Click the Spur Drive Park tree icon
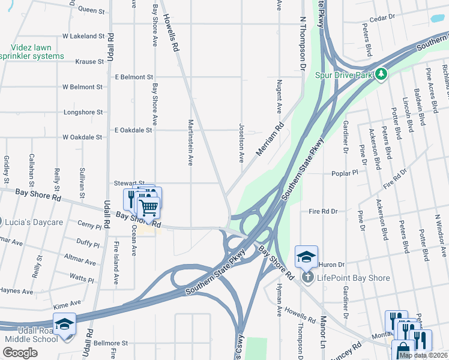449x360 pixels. pos(381,75)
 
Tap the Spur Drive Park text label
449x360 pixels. pos(345,76)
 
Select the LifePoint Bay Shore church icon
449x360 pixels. pos(307,277)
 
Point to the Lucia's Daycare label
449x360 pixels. pos(34,222)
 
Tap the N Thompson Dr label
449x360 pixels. pos(303,42)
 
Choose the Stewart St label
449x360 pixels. pos(130,183)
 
